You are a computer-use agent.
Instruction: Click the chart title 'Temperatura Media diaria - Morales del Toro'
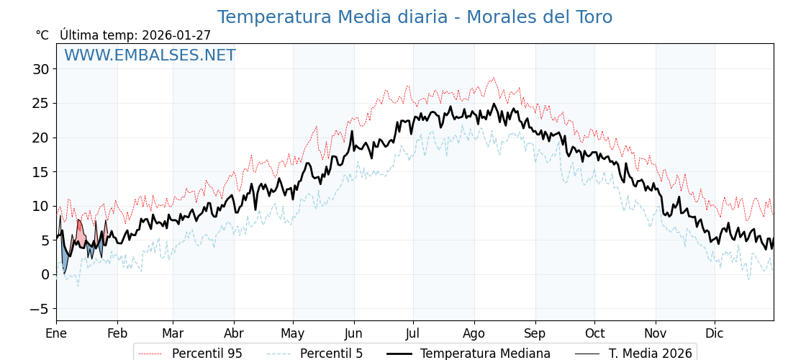(415, 17)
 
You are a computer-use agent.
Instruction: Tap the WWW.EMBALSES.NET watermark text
(150, 55)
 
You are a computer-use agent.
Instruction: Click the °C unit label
(42, 35)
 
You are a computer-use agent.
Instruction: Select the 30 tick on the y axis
(40, 69)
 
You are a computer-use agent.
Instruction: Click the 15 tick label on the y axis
(40, 172)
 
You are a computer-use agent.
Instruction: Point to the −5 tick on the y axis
(37, 309)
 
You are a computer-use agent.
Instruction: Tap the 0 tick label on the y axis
(45, 274)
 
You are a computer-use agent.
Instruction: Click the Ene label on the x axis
(56, 333)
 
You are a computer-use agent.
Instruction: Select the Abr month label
(234, 333)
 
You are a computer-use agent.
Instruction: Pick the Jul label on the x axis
(413, 333)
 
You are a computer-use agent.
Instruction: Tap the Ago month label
(474, 333)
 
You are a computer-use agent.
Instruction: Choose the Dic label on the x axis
(715, 333)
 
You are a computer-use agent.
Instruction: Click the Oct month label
(594, 333)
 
